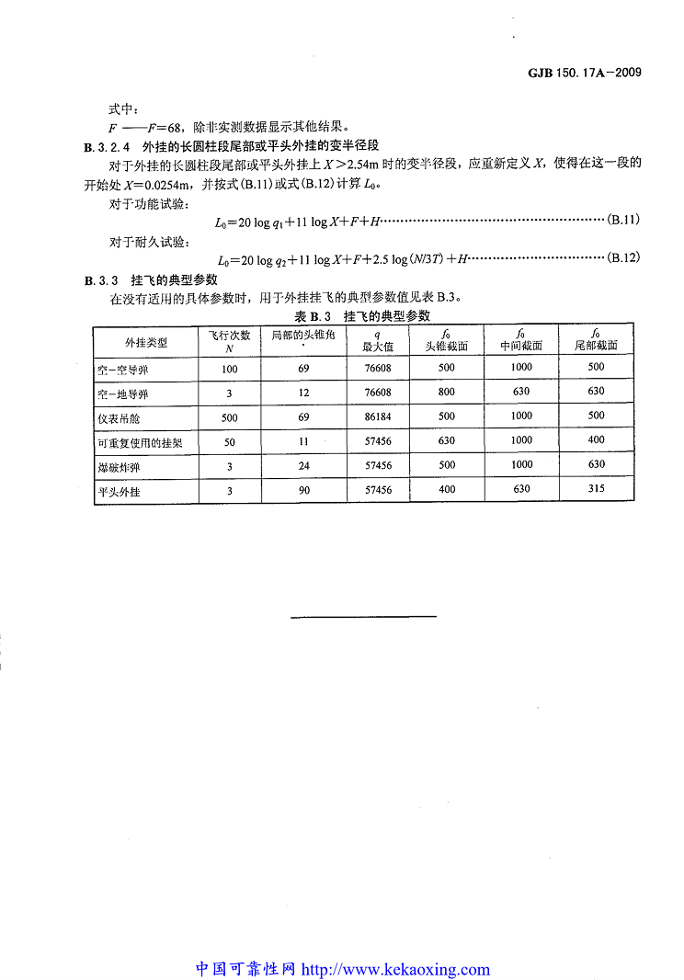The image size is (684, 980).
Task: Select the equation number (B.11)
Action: tap(623, 221)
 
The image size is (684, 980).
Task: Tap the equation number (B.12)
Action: tap(623, 258)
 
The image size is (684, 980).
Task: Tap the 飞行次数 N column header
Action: tap(230, 341)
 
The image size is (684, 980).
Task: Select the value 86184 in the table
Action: tap(378, 416)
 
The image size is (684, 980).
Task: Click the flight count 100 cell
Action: tap(230, 369)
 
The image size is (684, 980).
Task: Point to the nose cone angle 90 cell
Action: tap(304, 490)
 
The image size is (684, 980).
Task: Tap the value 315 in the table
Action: tap(596, 488)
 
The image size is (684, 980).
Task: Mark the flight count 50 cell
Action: tap(230, 441)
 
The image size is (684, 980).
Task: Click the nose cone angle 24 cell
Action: tap(304, 465)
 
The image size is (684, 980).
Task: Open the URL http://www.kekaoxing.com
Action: tap(395, 969)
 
